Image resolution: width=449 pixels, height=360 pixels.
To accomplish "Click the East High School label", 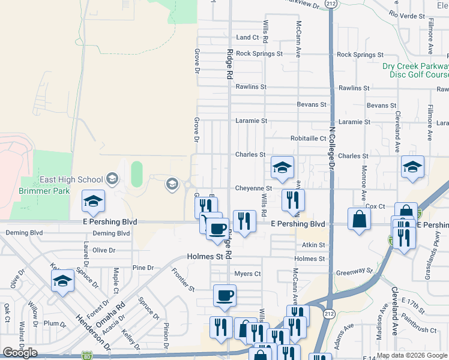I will [x=71, y=179].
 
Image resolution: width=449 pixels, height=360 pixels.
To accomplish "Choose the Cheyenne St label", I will [x=253, y=188].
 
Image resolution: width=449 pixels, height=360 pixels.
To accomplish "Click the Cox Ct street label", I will [x=375, y=206].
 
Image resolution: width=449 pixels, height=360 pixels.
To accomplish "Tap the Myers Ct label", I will [x=247, y=274].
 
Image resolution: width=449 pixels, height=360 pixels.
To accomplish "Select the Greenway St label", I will [x=354, y=271].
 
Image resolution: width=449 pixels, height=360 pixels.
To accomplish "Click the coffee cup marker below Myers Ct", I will [x=224, y=296].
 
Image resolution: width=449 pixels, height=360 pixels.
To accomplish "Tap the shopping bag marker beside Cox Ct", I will [x=359, y=219].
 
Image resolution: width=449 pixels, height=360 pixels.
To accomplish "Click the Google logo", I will [x=20, y=353].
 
